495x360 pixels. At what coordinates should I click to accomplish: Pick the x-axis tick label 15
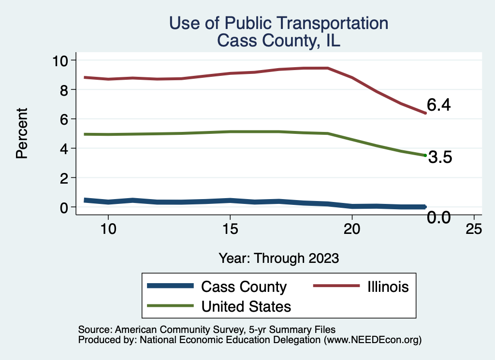(230, 229)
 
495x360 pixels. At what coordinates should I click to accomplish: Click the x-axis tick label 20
(352, 229)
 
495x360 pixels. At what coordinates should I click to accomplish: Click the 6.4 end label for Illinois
(438, 105)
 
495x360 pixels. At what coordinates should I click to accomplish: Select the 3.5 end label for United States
(440, 158)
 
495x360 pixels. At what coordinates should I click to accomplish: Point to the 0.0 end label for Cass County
(439, 218)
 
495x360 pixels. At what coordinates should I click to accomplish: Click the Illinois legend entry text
(385, 287)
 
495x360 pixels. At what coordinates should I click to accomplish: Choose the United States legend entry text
(246, 306)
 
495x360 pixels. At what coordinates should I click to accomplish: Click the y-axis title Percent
(21, 133)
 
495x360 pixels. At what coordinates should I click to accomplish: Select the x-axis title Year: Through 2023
(278, 258)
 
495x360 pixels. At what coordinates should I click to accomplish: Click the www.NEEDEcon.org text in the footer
(373, 340)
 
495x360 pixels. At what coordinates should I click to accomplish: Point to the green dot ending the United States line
(425, 155)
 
